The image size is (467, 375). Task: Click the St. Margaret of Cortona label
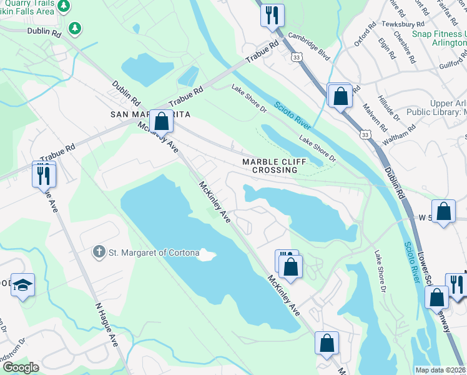(x=154, y=253)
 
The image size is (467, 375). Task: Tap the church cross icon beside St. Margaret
(x=98, y=252)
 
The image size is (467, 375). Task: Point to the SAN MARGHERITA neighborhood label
(x=150, y=114)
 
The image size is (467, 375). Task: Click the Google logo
(x=20, y=367)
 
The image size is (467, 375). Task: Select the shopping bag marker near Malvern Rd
(x=340, y=96)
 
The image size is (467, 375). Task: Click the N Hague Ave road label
(x=106, y=325)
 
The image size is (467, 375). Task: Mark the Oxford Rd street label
(x=365, y=34)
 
